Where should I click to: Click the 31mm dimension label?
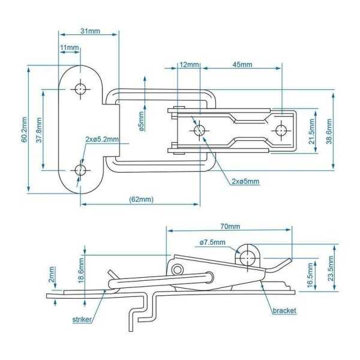click(x=90, y=31)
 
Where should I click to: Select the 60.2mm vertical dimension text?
click(x=23, y=130)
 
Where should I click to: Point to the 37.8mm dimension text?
click(x=38, y=129)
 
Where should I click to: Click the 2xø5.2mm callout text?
click(x=102, y=139)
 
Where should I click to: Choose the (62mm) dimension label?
click(x=142, y=199)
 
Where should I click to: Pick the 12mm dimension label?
click(x=189, y=64)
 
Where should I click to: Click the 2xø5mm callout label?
click(x=245, y=181)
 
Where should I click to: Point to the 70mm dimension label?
click(x=230, y=226)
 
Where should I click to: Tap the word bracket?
click(x=284, y=311)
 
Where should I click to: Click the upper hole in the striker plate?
click(x=80, y=89)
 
